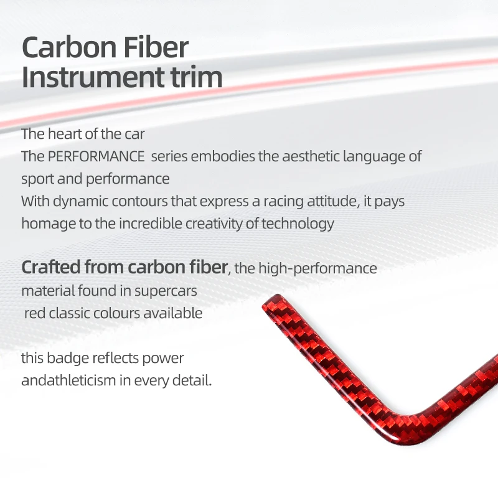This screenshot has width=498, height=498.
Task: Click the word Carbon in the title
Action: pyautogui.click(x=70, y=47)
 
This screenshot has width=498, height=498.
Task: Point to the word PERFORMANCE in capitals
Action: pyautogui.click(x=96, y=156)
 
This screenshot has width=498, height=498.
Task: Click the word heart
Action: pyautogui.click(x=65, y=134)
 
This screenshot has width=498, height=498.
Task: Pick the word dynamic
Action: pyautogui.click(x=80, y=202)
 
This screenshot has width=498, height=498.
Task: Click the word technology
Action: pyautogui.click(x=298, y=224)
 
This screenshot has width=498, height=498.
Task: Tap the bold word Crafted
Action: pyautogui.click(x=51, y=267)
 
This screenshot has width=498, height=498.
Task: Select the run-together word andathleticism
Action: pyautogui.click(x=68, y=380)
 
